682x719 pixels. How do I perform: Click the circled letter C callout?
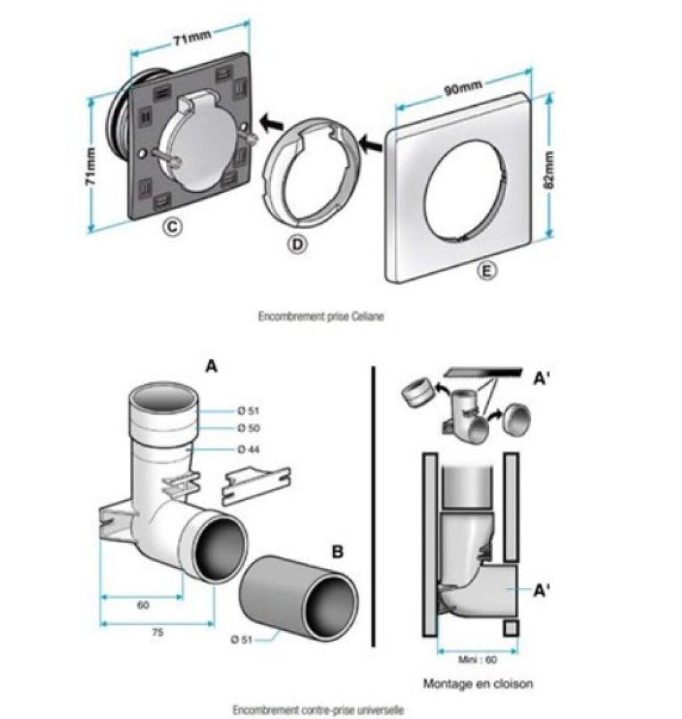(172, 226)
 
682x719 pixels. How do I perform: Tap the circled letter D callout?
(298, 244)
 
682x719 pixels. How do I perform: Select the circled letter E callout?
(487, 271)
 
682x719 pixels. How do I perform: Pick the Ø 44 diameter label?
(248, 449)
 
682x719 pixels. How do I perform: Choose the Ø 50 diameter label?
(248, 428)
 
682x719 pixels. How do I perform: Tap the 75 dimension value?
(157, 632)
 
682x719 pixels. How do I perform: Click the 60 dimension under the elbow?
(143, 605)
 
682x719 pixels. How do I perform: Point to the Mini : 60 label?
(477, 659)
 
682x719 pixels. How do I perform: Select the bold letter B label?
(338, 552)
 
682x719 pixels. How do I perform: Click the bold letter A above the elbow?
(211, 366)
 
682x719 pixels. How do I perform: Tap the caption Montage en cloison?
(478, 684)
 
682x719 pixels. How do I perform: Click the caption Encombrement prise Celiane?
(320, 316)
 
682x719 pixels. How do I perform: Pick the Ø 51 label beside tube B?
(241, 638)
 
